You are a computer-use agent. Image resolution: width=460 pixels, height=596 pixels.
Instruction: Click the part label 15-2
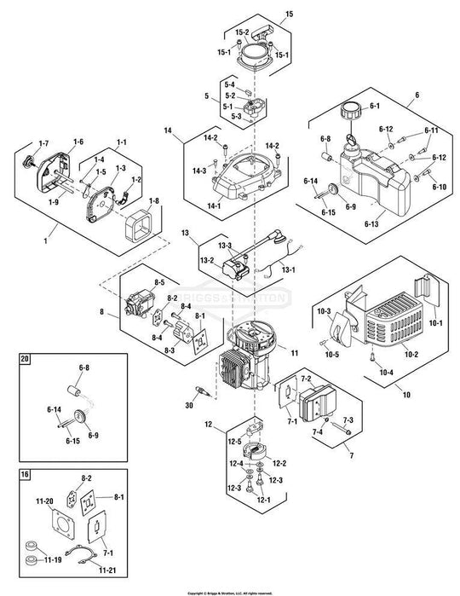point(241,32)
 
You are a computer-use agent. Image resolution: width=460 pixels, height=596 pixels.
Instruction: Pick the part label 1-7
point(44,142)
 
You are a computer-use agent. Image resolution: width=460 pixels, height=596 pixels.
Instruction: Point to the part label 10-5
point(331,354)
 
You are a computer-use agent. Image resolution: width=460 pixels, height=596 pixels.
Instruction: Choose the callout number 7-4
point(318,434)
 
